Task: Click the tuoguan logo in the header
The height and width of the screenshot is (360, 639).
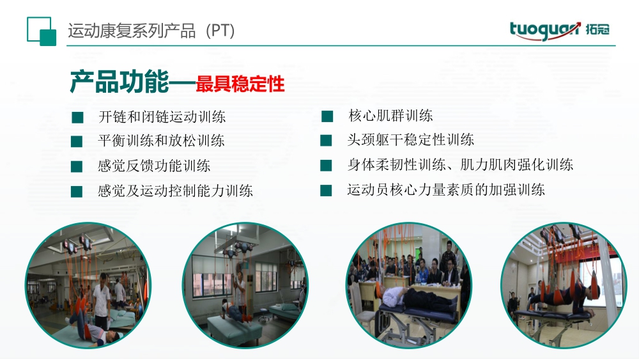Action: [x=559, y=31]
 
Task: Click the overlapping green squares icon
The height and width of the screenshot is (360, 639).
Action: [x=42, y=31]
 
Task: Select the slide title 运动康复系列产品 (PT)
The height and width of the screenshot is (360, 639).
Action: [x=151, y=31]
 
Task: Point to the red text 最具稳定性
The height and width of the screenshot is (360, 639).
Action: [x=240, y=84]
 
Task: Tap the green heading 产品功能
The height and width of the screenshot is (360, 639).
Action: [x=119, y=82]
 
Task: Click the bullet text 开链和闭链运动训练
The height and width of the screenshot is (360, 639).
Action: [x=162, y=117]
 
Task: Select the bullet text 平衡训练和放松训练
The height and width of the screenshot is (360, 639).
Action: [x=162, y=141]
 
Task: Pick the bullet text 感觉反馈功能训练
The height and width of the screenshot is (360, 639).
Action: [x=154, y=166]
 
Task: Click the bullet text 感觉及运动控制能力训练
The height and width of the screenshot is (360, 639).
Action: [x=175, y=191]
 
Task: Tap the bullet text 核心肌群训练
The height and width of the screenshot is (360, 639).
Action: [x=390, y=116]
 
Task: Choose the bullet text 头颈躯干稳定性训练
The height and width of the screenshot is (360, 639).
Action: [x=410, y=140]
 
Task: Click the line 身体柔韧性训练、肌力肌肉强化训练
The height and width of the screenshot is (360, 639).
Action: [x=460, y=165]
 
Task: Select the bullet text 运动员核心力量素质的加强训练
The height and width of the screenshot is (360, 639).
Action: [x=446, y=189]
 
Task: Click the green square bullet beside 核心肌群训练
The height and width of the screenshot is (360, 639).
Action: [x=327, y=116]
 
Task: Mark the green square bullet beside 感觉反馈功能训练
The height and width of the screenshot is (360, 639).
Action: [x=77, y=167]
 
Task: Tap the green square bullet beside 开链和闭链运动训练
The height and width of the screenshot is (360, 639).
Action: [x=77, y=118]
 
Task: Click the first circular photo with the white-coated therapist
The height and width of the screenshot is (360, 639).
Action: [x=88, y=285]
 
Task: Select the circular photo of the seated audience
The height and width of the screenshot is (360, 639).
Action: [x=409, y=285]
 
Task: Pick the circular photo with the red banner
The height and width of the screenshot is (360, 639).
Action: [x=564, y=285]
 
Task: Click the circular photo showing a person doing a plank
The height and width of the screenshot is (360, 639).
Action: [x=245, y=285]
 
